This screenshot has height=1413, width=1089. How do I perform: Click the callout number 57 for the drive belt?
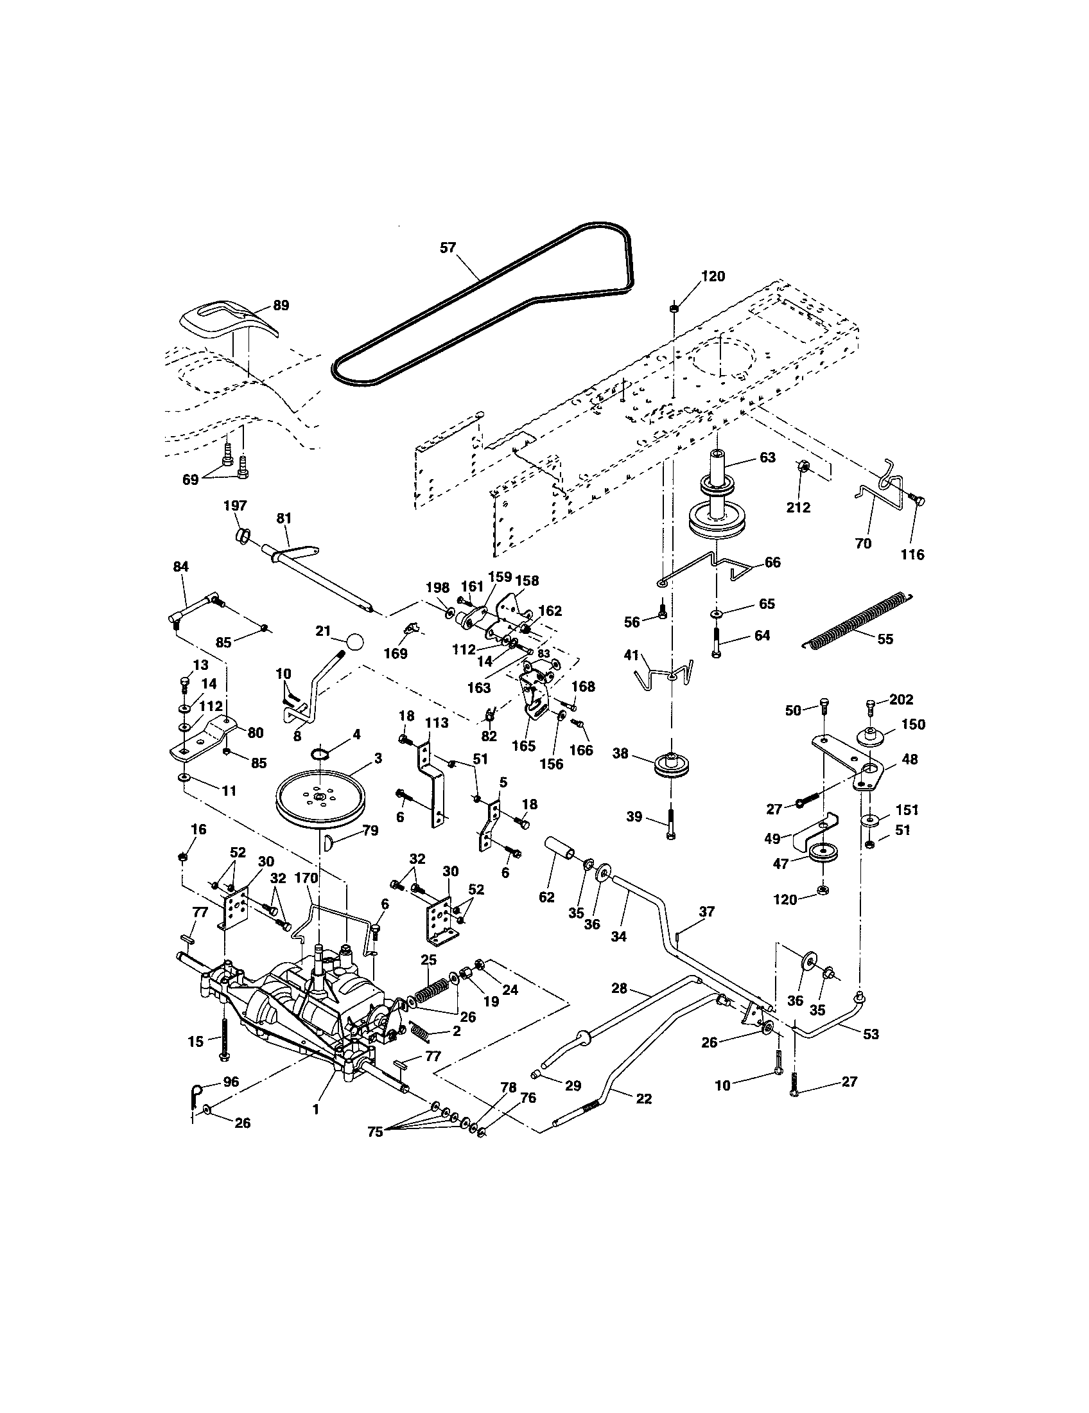pos(448,247)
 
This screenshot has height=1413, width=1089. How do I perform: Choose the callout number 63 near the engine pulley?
pos(767,457)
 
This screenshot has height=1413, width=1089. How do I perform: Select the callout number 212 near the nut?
pos(798,508)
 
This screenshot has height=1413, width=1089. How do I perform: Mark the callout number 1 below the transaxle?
pos(315,1109)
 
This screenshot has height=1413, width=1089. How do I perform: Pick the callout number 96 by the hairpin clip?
pos(231,1082)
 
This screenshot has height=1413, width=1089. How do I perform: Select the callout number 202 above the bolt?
pos(902,699)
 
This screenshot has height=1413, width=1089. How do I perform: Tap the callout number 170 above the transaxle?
pos(306,878)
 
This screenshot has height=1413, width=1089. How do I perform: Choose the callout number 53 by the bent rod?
pos(871,1034)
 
